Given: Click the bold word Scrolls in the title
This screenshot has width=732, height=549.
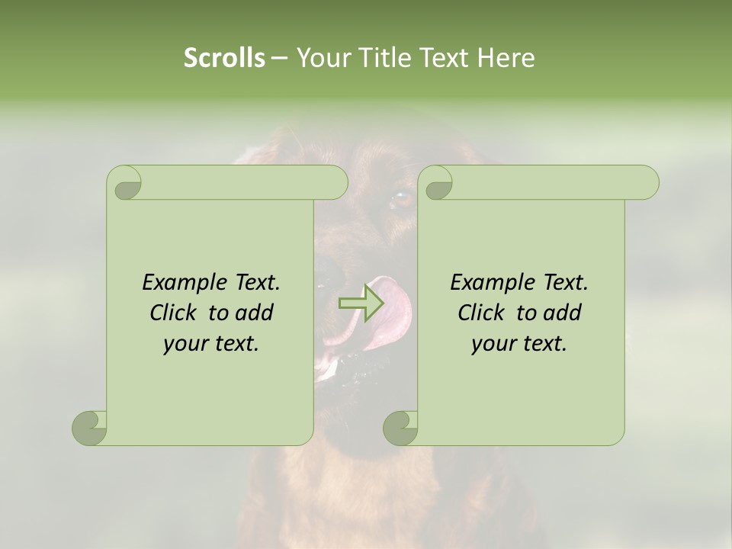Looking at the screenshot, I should (x=225, y=57).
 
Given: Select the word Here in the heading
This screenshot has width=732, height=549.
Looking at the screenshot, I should (x=506, y=57).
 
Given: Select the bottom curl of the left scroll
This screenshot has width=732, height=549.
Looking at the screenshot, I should (x=89, y=428).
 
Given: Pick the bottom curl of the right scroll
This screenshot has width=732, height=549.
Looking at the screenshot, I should (x=400, y=428).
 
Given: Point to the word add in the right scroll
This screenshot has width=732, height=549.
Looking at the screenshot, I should (x=563, y=313).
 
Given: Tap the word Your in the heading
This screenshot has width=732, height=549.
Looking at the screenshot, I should (x=319, y=57).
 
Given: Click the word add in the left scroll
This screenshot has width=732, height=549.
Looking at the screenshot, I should (x=255, y=313).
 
